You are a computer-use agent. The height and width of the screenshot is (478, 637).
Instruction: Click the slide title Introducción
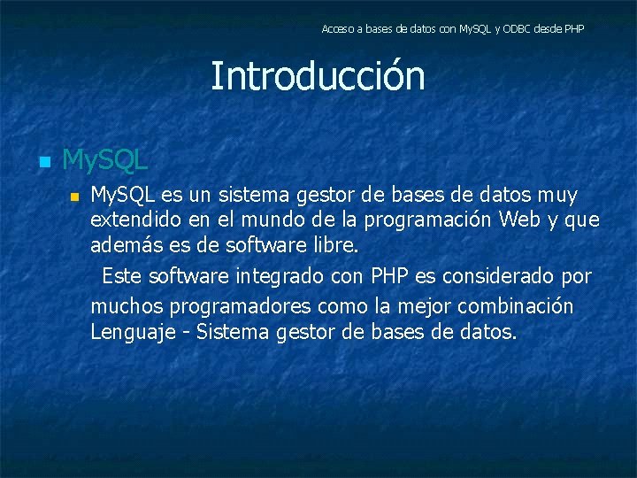[x=318, y=77]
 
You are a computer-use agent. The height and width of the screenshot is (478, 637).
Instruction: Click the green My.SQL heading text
[x=105, y=161]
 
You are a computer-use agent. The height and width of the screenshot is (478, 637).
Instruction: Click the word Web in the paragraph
[x=518, y=219]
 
